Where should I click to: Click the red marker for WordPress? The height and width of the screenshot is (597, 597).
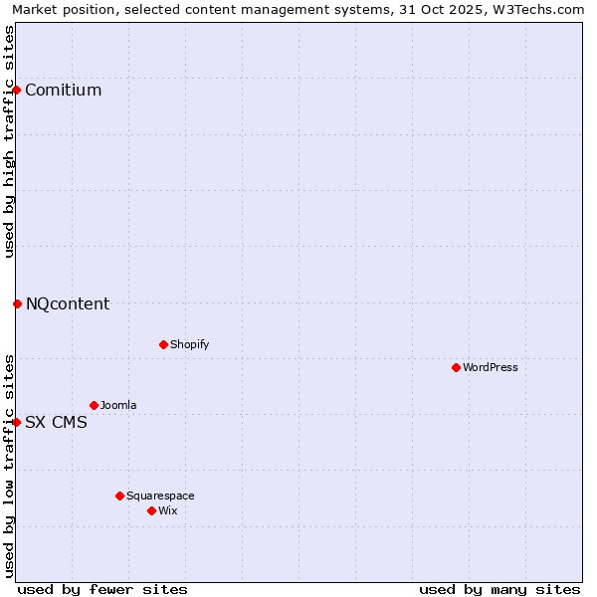point(456,367)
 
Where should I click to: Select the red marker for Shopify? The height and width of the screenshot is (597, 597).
point(163,344)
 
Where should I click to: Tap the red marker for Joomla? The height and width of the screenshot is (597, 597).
point(94,405)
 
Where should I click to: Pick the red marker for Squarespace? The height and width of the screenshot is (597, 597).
point(119,496)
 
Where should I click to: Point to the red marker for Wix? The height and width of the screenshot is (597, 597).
point(151,510)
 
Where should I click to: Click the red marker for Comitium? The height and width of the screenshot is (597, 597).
point(16,90)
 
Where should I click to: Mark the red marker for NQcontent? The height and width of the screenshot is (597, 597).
point(17,303)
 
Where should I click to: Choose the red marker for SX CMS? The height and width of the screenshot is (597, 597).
point(16,422)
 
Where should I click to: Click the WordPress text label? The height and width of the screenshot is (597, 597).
point(491,367)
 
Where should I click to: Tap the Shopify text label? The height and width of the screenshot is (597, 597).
point(190,344)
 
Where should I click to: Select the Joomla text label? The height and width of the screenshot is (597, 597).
point(118,405)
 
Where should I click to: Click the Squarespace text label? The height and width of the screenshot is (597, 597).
point(160,496)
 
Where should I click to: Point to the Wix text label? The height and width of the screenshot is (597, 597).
point(168,510)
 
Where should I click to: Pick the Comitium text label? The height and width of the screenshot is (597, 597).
point(64,91)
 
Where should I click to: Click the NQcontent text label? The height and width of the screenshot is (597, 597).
point(68,304)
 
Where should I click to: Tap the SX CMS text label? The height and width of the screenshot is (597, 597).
point(56,422)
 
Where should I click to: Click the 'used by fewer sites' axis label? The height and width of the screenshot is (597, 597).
point(102,589)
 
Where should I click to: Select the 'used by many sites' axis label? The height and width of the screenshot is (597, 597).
point(499,589)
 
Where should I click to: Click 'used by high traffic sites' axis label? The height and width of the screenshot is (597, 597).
point(9,141)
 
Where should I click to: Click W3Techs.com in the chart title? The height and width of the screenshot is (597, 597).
point(538,9)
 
